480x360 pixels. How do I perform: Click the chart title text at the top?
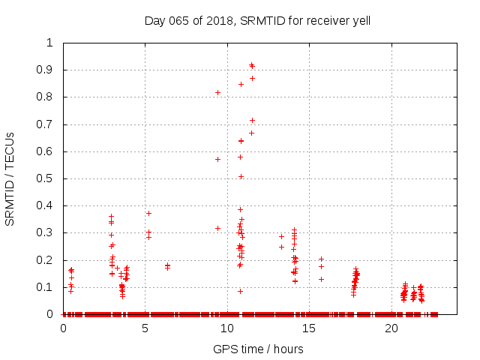[257, 21]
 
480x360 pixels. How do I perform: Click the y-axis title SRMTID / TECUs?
[10, 178]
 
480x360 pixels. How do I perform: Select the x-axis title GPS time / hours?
[258, 349]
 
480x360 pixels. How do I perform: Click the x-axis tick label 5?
[145, 328]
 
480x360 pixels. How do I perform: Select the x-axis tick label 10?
[227, 328]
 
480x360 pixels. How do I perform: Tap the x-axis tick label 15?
[310, 328]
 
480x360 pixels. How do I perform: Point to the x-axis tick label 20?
[391, 328]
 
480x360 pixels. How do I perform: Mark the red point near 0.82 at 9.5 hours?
[218, 92]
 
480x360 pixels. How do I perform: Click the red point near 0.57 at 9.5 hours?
[218, 159]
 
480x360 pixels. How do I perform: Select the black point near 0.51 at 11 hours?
[241, 176]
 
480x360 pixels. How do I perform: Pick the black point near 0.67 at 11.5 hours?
[251, 133]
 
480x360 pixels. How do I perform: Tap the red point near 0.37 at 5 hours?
[148, 213]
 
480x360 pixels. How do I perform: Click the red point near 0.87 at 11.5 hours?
[252, 78]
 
